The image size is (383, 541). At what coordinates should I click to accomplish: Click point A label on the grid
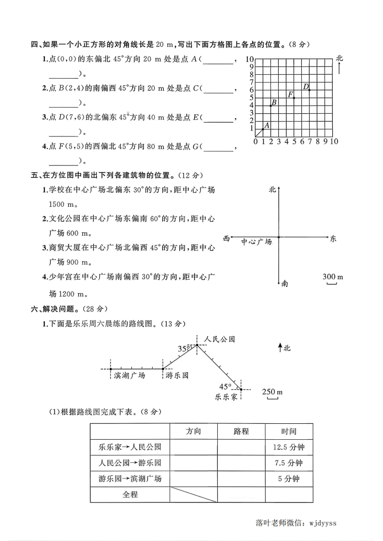click(267, 124)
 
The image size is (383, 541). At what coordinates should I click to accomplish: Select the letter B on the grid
click(274, 102)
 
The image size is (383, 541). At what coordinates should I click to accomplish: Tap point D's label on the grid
click(306, 86)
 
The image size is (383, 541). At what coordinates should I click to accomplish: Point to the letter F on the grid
click(291, 94)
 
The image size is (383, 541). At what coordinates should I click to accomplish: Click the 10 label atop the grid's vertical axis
click(249, 59)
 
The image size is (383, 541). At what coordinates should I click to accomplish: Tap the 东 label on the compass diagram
click(333, 238)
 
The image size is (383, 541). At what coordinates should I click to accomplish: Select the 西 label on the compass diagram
click(227, 238)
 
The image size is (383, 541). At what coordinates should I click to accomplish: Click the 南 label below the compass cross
click(285, 284)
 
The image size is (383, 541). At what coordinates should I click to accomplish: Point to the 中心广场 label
click(256, 242)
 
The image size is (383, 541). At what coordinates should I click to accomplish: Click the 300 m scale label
click(332, 276)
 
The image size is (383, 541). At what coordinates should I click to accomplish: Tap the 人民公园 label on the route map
click(219, 339)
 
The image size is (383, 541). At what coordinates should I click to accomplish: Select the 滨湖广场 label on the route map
click(129, 375)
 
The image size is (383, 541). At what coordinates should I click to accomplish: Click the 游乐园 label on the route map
click(176, 375)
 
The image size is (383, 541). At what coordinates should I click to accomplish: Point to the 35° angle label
click(183, 348)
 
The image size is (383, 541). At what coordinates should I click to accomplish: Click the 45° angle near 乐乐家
click(225, 386)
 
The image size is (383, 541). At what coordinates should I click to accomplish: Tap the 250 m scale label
click(272, 392)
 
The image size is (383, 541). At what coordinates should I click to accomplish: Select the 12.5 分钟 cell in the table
click(288, 447)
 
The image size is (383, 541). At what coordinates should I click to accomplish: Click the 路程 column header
click(241, 431)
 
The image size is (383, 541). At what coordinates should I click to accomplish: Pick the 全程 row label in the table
click(130, 494)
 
